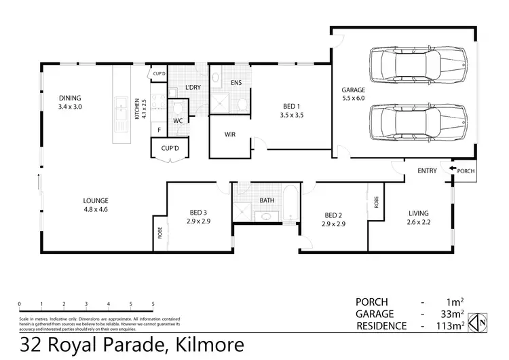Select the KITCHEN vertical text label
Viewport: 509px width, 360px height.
(138, 109)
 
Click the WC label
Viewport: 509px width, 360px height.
(177, 121)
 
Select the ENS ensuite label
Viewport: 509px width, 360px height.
(236, 84)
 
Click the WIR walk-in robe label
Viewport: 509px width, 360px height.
(230, 134)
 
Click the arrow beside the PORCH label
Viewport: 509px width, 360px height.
(453, 170)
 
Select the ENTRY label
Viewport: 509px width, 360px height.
(428, 170)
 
